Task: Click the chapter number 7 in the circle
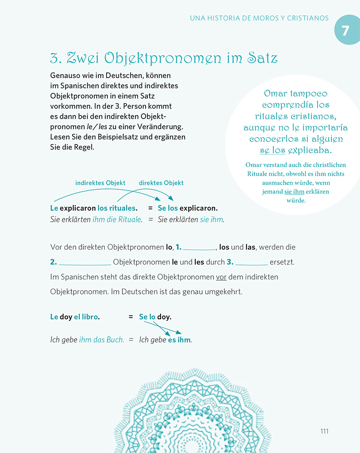(x=345, y=30)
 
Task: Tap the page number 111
(x=324, y=431)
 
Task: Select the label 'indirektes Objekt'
(x=100, y=183)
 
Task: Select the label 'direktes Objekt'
(x=161, y=183)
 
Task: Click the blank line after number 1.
(x=199, y=248)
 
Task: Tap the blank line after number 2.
(x=85, y=262)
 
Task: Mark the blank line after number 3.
(x=251, y=262)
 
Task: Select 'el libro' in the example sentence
(x=86, y=317)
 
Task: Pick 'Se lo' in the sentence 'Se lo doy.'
(x=147, y=317)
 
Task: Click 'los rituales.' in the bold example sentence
(x=117, y=208)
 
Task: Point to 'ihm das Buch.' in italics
(x=102, y=339)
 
